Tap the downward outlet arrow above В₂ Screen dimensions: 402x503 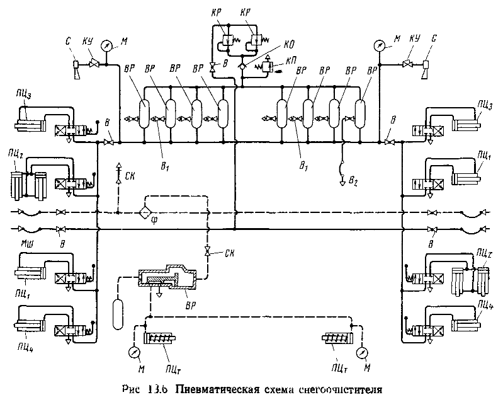pyautogui.click(x=342, y=179)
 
